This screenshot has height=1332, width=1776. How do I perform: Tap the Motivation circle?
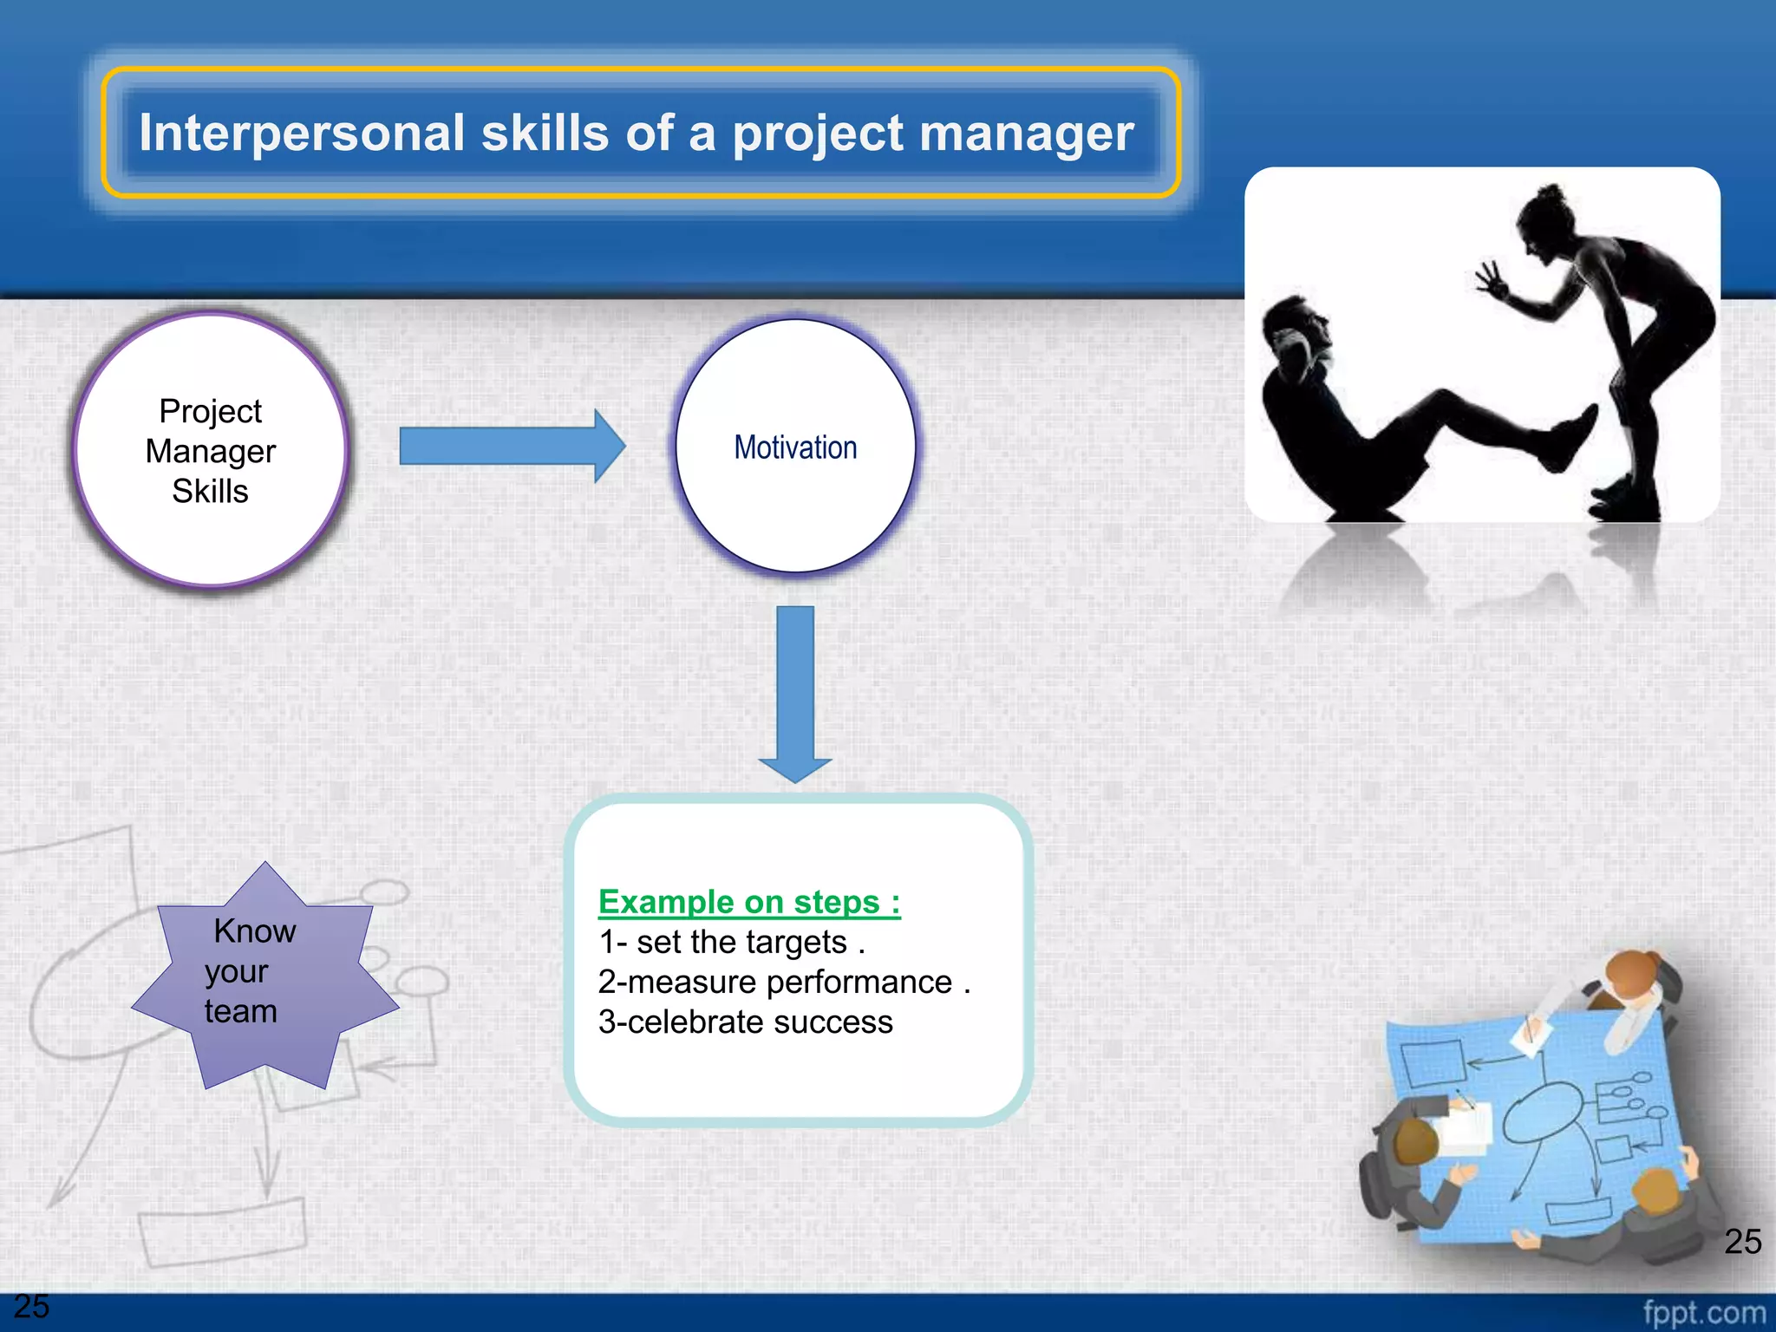795,447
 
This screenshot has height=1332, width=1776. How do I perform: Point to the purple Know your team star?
260,976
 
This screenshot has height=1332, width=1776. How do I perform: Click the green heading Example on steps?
749,902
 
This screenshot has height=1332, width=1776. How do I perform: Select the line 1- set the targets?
732,943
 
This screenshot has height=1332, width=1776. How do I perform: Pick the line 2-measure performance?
783,983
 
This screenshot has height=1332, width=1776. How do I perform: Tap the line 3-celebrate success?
745,1022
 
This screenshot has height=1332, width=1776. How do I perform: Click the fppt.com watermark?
1703,1312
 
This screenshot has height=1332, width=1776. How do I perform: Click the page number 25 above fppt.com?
1742,1242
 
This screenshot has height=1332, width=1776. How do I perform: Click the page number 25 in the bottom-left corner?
32,1306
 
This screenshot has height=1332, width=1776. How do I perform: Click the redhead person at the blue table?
1630,976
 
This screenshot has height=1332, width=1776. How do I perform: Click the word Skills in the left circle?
210,492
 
